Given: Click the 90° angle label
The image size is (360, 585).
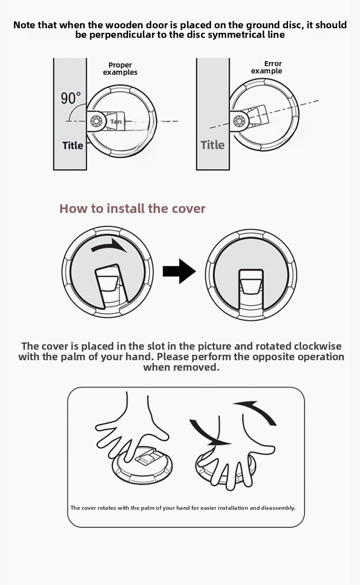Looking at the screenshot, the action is coord(71,98).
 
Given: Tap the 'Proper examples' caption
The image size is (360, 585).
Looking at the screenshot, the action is coord(120,69).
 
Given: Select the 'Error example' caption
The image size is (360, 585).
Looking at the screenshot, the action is coord(267,67).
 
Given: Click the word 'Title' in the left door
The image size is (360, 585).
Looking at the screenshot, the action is coord(72,145).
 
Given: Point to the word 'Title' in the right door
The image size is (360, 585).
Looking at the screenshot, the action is coord(212,145).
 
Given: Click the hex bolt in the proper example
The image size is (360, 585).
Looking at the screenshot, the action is coord(95,121).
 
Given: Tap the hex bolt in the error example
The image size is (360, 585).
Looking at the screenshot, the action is coord(238,121).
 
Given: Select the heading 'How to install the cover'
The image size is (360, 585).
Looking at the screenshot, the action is coord(132,208).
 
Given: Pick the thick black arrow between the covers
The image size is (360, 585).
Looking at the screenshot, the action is coord(179,271).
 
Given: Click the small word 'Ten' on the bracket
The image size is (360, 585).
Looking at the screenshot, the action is coord(116,122).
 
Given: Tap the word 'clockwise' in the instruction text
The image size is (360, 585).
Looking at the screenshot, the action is coord(318,346).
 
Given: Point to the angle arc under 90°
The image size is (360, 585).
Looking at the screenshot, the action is coord(74,110).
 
